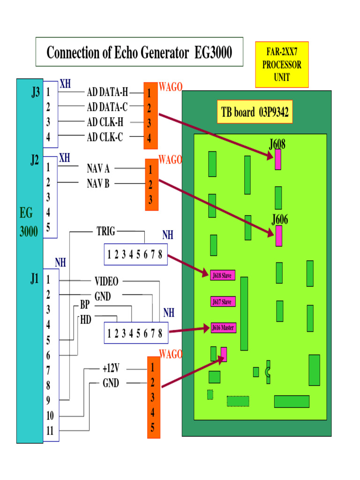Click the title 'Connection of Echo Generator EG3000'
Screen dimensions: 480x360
139,52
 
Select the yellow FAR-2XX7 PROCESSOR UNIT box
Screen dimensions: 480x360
282,65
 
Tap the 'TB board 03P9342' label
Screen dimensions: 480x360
255,112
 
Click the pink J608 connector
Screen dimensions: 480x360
278,159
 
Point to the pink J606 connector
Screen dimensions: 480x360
279,236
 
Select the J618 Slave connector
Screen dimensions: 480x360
222,275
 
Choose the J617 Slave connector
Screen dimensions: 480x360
222,302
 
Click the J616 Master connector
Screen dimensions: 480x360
223,328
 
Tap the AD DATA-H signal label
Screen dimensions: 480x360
107,92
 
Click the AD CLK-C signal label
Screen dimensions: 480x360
105,137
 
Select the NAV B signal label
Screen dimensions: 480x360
98,183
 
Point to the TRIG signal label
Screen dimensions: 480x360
105,231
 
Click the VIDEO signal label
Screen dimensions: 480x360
106,281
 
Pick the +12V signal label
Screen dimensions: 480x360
111,368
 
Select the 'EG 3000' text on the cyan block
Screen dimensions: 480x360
29,223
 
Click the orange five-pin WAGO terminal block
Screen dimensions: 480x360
153,397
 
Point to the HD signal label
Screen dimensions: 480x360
86,320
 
